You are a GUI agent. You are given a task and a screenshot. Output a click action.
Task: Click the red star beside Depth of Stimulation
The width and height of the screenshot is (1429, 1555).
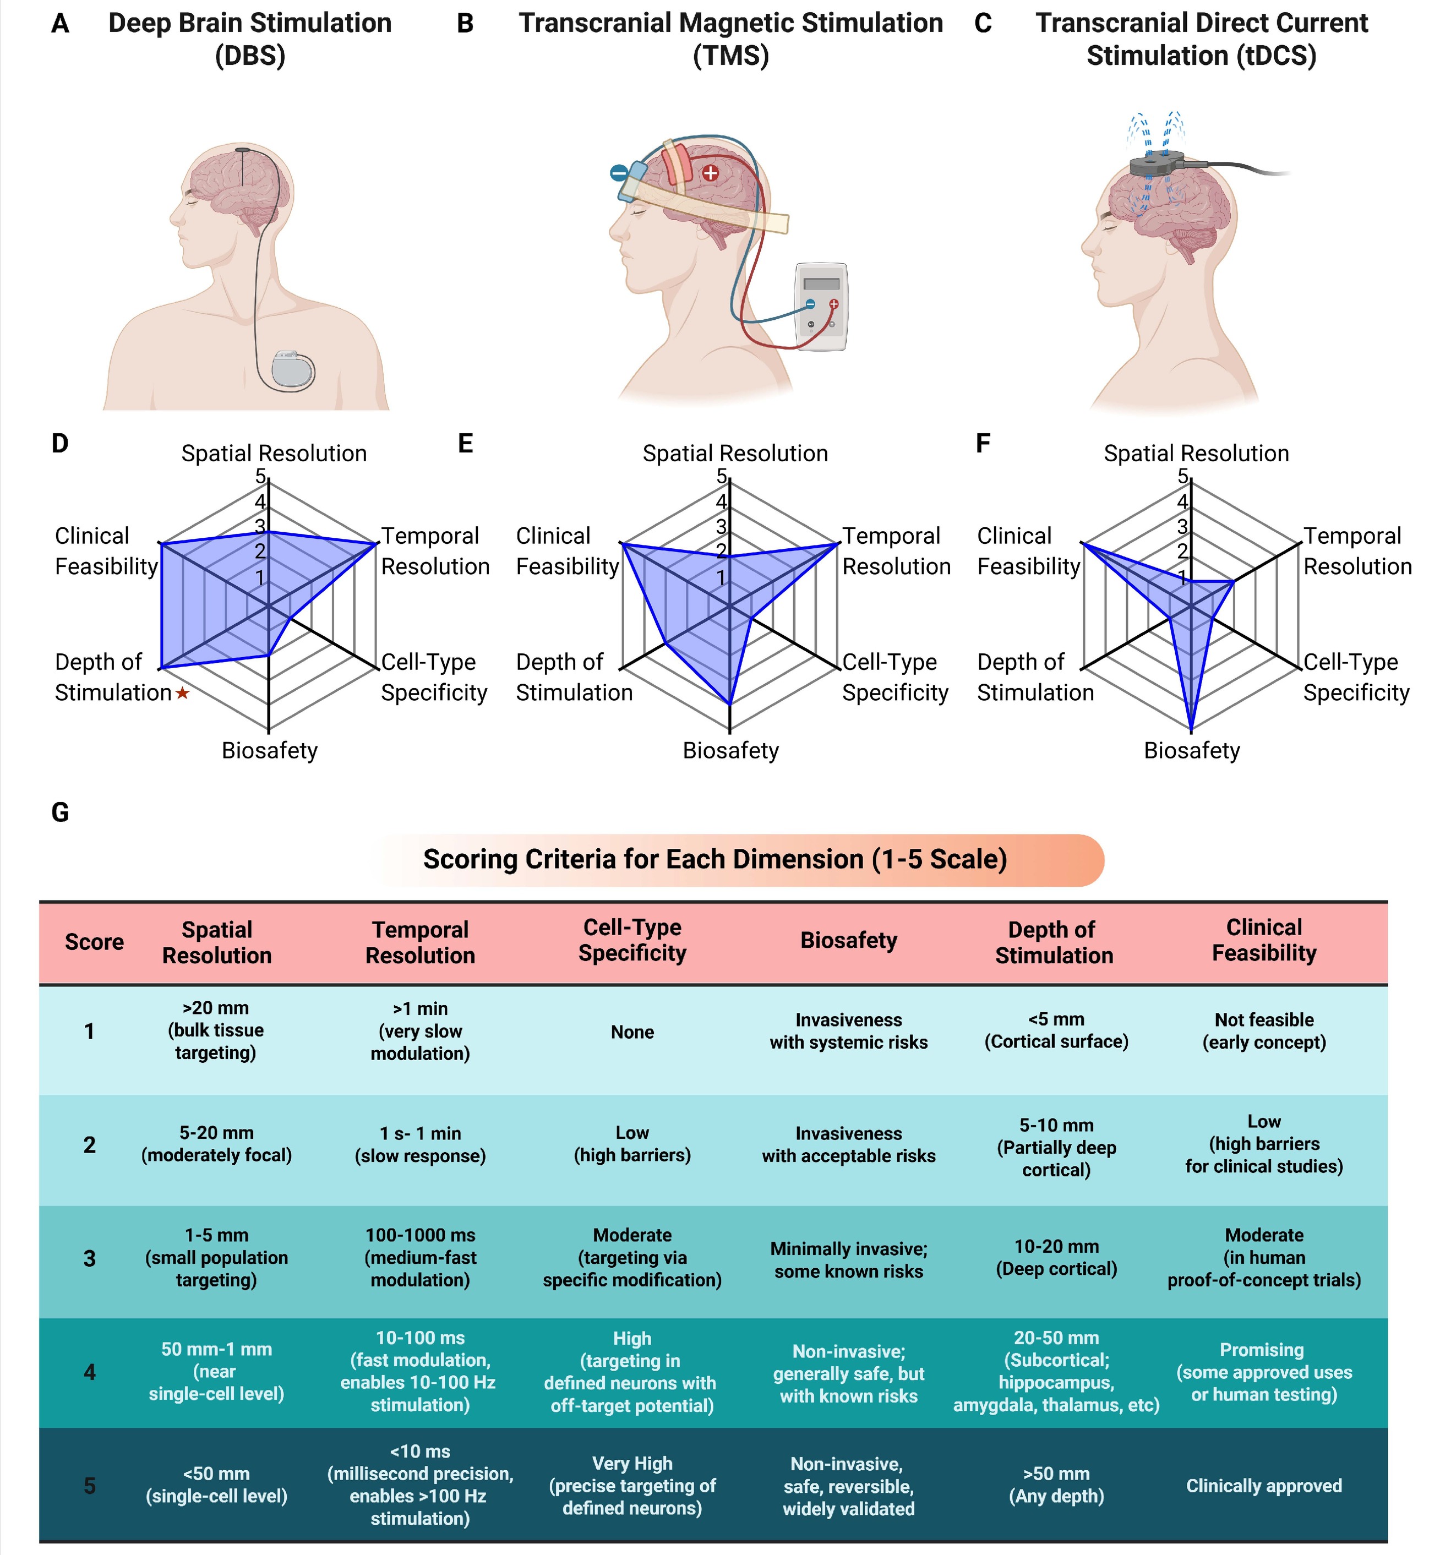tap(183, 694)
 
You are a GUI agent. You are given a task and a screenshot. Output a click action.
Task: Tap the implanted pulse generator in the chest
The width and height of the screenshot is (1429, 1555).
tap(293, 369)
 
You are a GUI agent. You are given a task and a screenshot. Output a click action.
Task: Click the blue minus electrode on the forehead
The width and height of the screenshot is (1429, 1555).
tap(619, 173)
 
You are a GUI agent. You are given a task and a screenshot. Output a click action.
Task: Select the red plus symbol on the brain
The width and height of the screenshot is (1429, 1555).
tap(710, 173)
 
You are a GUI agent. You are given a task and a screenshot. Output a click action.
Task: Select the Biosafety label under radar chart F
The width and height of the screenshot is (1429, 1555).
tap(1192, 751)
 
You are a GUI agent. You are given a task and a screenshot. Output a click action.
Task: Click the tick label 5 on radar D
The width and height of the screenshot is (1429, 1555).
tap(260, 476)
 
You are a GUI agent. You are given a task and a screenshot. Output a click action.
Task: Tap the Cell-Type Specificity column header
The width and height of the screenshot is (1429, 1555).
tap(632, 940)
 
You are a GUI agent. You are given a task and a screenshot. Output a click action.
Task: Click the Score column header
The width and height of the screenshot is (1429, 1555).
tap(94, 942)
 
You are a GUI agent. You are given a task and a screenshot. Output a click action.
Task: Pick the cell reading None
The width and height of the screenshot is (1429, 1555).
tap(632, 1032)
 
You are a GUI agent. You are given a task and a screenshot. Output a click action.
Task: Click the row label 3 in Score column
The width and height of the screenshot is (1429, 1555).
tap(90, 1258)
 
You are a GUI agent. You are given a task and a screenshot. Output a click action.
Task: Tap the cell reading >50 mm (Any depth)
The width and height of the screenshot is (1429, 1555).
tap(1056, 1485)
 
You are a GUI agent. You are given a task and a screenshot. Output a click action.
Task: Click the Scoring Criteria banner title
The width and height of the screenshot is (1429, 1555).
tap(714, 859)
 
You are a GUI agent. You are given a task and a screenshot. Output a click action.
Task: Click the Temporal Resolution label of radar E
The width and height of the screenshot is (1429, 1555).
tap(896, 550)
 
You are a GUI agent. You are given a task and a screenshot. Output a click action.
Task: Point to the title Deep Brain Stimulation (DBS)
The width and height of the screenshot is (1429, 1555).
tap(250, 39)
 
